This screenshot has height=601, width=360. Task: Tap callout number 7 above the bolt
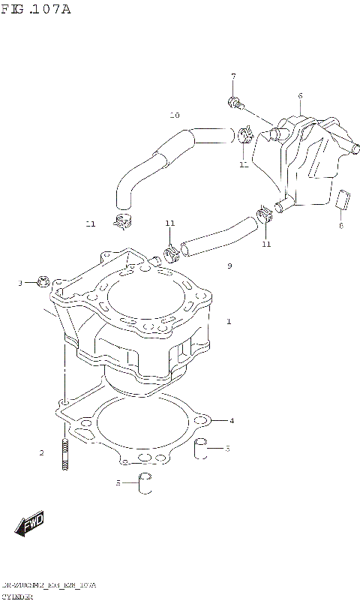233,77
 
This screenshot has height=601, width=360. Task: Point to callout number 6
300,95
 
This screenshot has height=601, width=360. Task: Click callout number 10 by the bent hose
175,116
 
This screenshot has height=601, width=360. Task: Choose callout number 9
229,266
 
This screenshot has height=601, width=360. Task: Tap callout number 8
340,224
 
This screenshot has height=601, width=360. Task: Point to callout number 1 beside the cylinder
229,322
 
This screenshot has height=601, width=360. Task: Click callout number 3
21,283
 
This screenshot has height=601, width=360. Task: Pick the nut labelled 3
41,282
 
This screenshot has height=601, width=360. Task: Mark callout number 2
42,452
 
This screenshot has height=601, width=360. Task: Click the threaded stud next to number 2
66,455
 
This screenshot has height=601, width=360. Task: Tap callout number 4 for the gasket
232,420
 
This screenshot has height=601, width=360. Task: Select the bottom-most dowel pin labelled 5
145,484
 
